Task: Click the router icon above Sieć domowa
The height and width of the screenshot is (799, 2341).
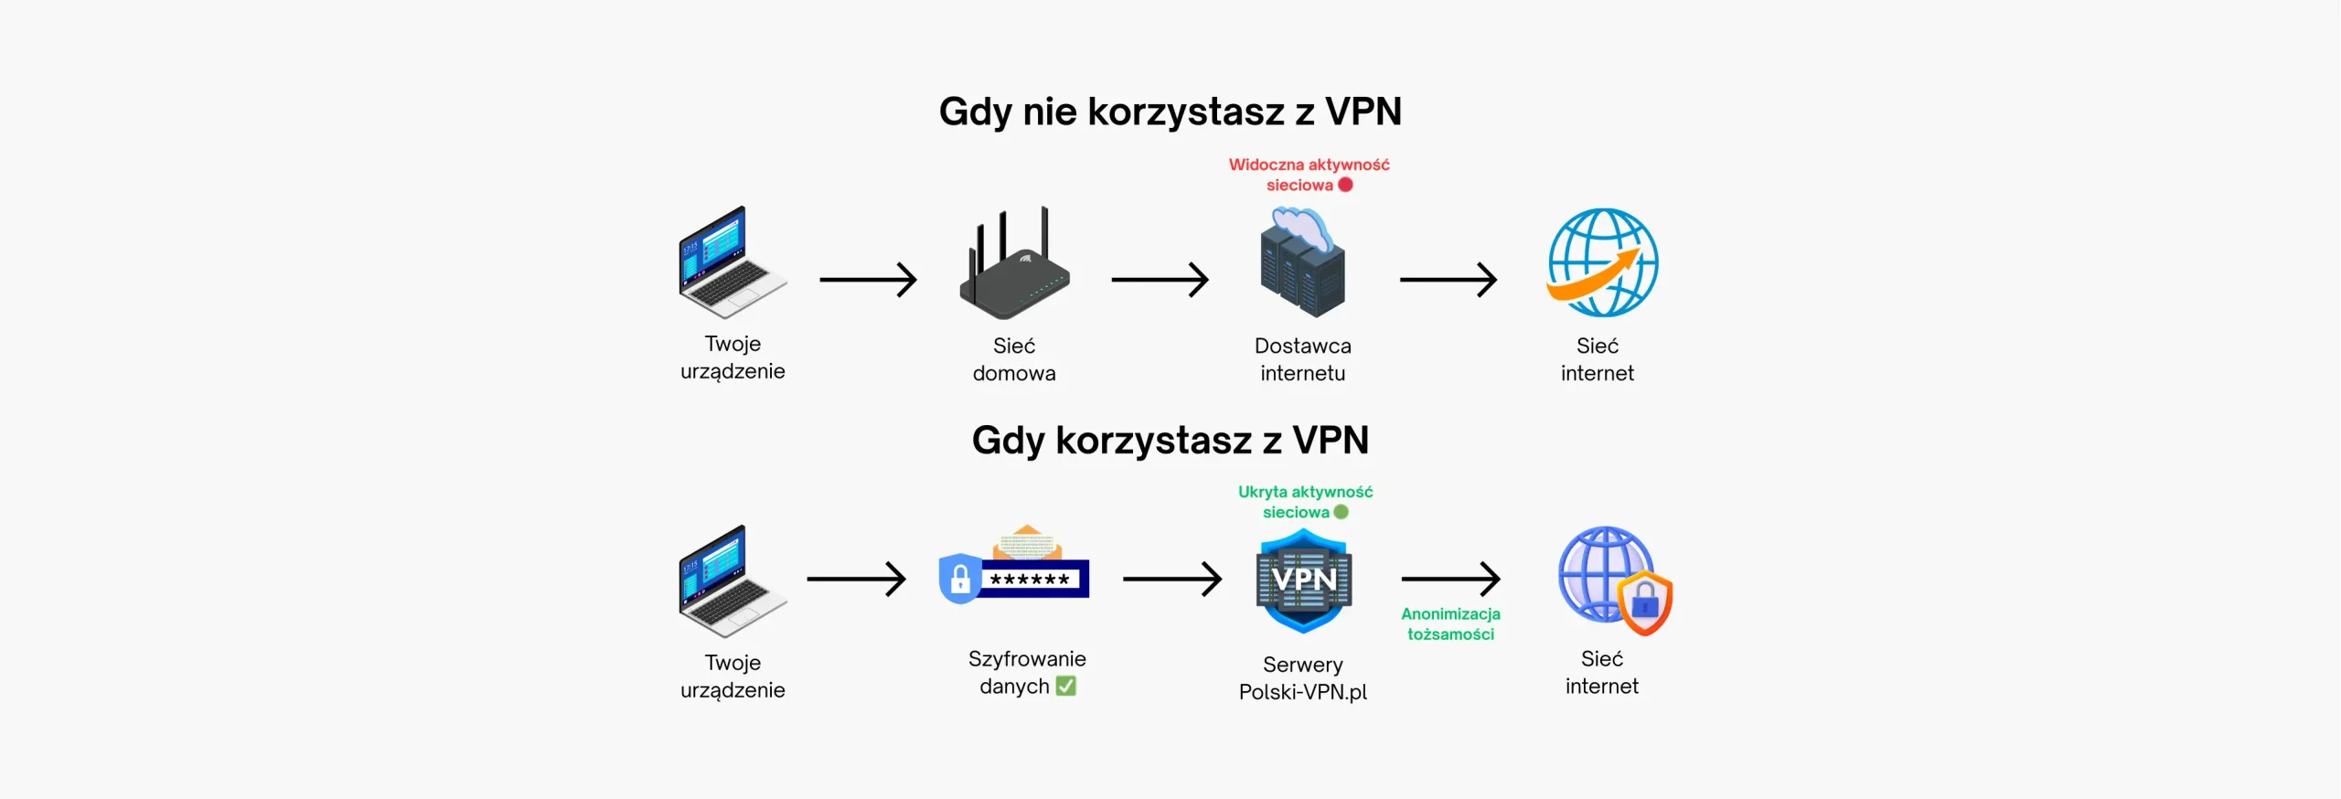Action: [1013, 264]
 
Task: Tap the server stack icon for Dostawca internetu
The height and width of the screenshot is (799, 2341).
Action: [1302, 263]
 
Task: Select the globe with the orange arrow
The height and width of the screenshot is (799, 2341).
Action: [1602, 263]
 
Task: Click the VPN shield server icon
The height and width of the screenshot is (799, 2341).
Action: [1303, 581]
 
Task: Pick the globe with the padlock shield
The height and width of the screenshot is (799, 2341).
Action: [1615, 580]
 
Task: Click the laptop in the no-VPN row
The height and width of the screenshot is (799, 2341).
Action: [732, 262]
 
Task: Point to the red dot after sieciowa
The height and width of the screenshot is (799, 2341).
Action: [1345, 185]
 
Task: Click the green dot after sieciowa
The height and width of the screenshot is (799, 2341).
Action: [1341, 512]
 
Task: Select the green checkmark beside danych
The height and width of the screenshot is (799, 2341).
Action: [1065, 686]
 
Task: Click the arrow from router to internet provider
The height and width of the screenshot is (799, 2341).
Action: [1160, 280]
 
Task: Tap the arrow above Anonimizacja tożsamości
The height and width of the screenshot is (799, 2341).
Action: [1450, 579]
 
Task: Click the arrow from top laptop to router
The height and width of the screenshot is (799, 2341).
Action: [868, 280]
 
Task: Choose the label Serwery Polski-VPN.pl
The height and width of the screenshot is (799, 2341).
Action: [1302, 678]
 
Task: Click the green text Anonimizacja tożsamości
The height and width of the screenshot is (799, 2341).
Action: [1450, 624]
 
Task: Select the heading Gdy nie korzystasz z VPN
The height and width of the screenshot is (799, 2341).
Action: [1170, 112]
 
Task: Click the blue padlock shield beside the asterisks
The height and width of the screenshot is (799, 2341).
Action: [959, 578]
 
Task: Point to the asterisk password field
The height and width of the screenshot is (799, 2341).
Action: [1031, 580]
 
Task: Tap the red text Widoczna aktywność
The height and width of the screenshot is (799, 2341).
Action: [1309, 165]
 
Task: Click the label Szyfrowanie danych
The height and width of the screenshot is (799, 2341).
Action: [1026, 672]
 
